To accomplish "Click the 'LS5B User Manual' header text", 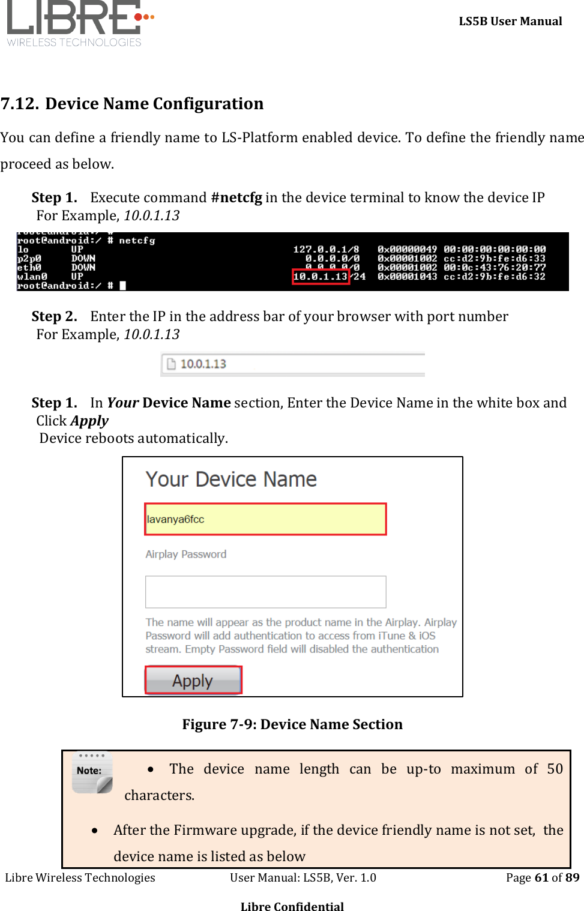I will pos(510,22).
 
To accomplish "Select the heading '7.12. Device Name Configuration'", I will pos(132,104).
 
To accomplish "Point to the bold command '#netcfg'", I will pos(236,198).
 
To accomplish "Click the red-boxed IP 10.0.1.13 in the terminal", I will pos(321,277).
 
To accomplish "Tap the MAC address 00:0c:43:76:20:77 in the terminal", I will pos(495,268).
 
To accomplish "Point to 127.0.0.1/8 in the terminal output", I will pos(326,250).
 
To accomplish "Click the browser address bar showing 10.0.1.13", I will pos(293,364).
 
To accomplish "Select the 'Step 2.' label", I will pos(55,317).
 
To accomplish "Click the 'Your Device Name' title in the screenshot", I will pos(231,480).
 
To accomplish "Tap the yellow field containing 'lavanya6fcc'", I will pos(265,519).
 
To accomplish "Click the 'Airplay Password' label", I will pos(186,555).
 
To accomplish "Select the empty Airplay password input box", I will pos(265,592).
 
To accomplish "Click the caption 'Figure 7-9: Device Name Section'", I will pos(292,724).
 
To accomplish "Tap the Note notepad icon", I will pos(92,773).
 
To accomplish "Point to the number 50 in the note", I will pos(555,769).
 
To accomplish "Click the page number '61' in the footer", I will pos(541,877).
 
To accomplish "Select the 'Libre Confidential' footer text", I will pos(292,906).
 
